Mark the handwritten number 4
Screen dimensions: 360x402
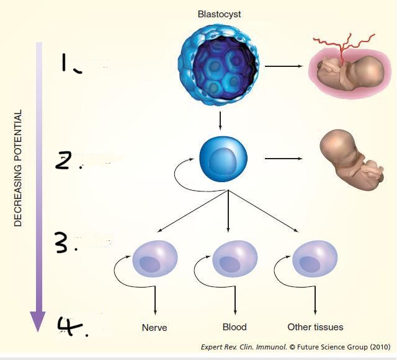click(x=71, y=325)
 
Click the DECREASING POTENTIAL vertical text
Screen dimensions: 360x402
click(x=17, y=168)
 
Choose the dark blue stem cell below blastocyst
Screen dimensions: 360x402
click(x=223, y=159)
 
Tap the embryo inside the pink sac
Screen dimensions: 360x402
click(x=349, y=69)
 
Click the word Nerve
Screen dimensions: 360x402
click(x=154, y=327)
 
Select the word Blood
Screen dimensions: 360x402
click(x=234, y=327)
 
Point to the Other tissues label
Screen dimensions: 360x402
click(x=315, y=327)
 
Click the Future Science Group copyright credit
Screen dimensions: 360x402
click(x=295, y=348)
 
